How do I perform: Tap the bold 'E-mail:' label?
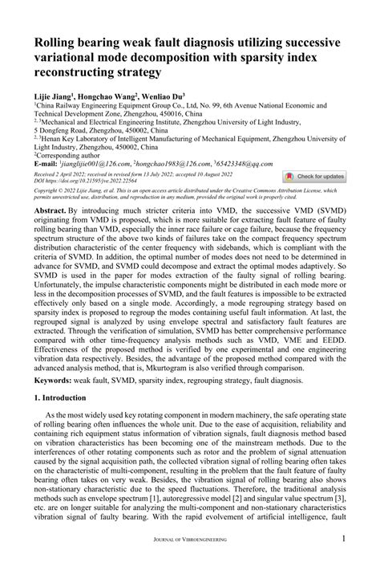click(47, 141)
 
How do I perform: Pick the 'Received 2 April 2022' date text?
click(64, 149)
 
